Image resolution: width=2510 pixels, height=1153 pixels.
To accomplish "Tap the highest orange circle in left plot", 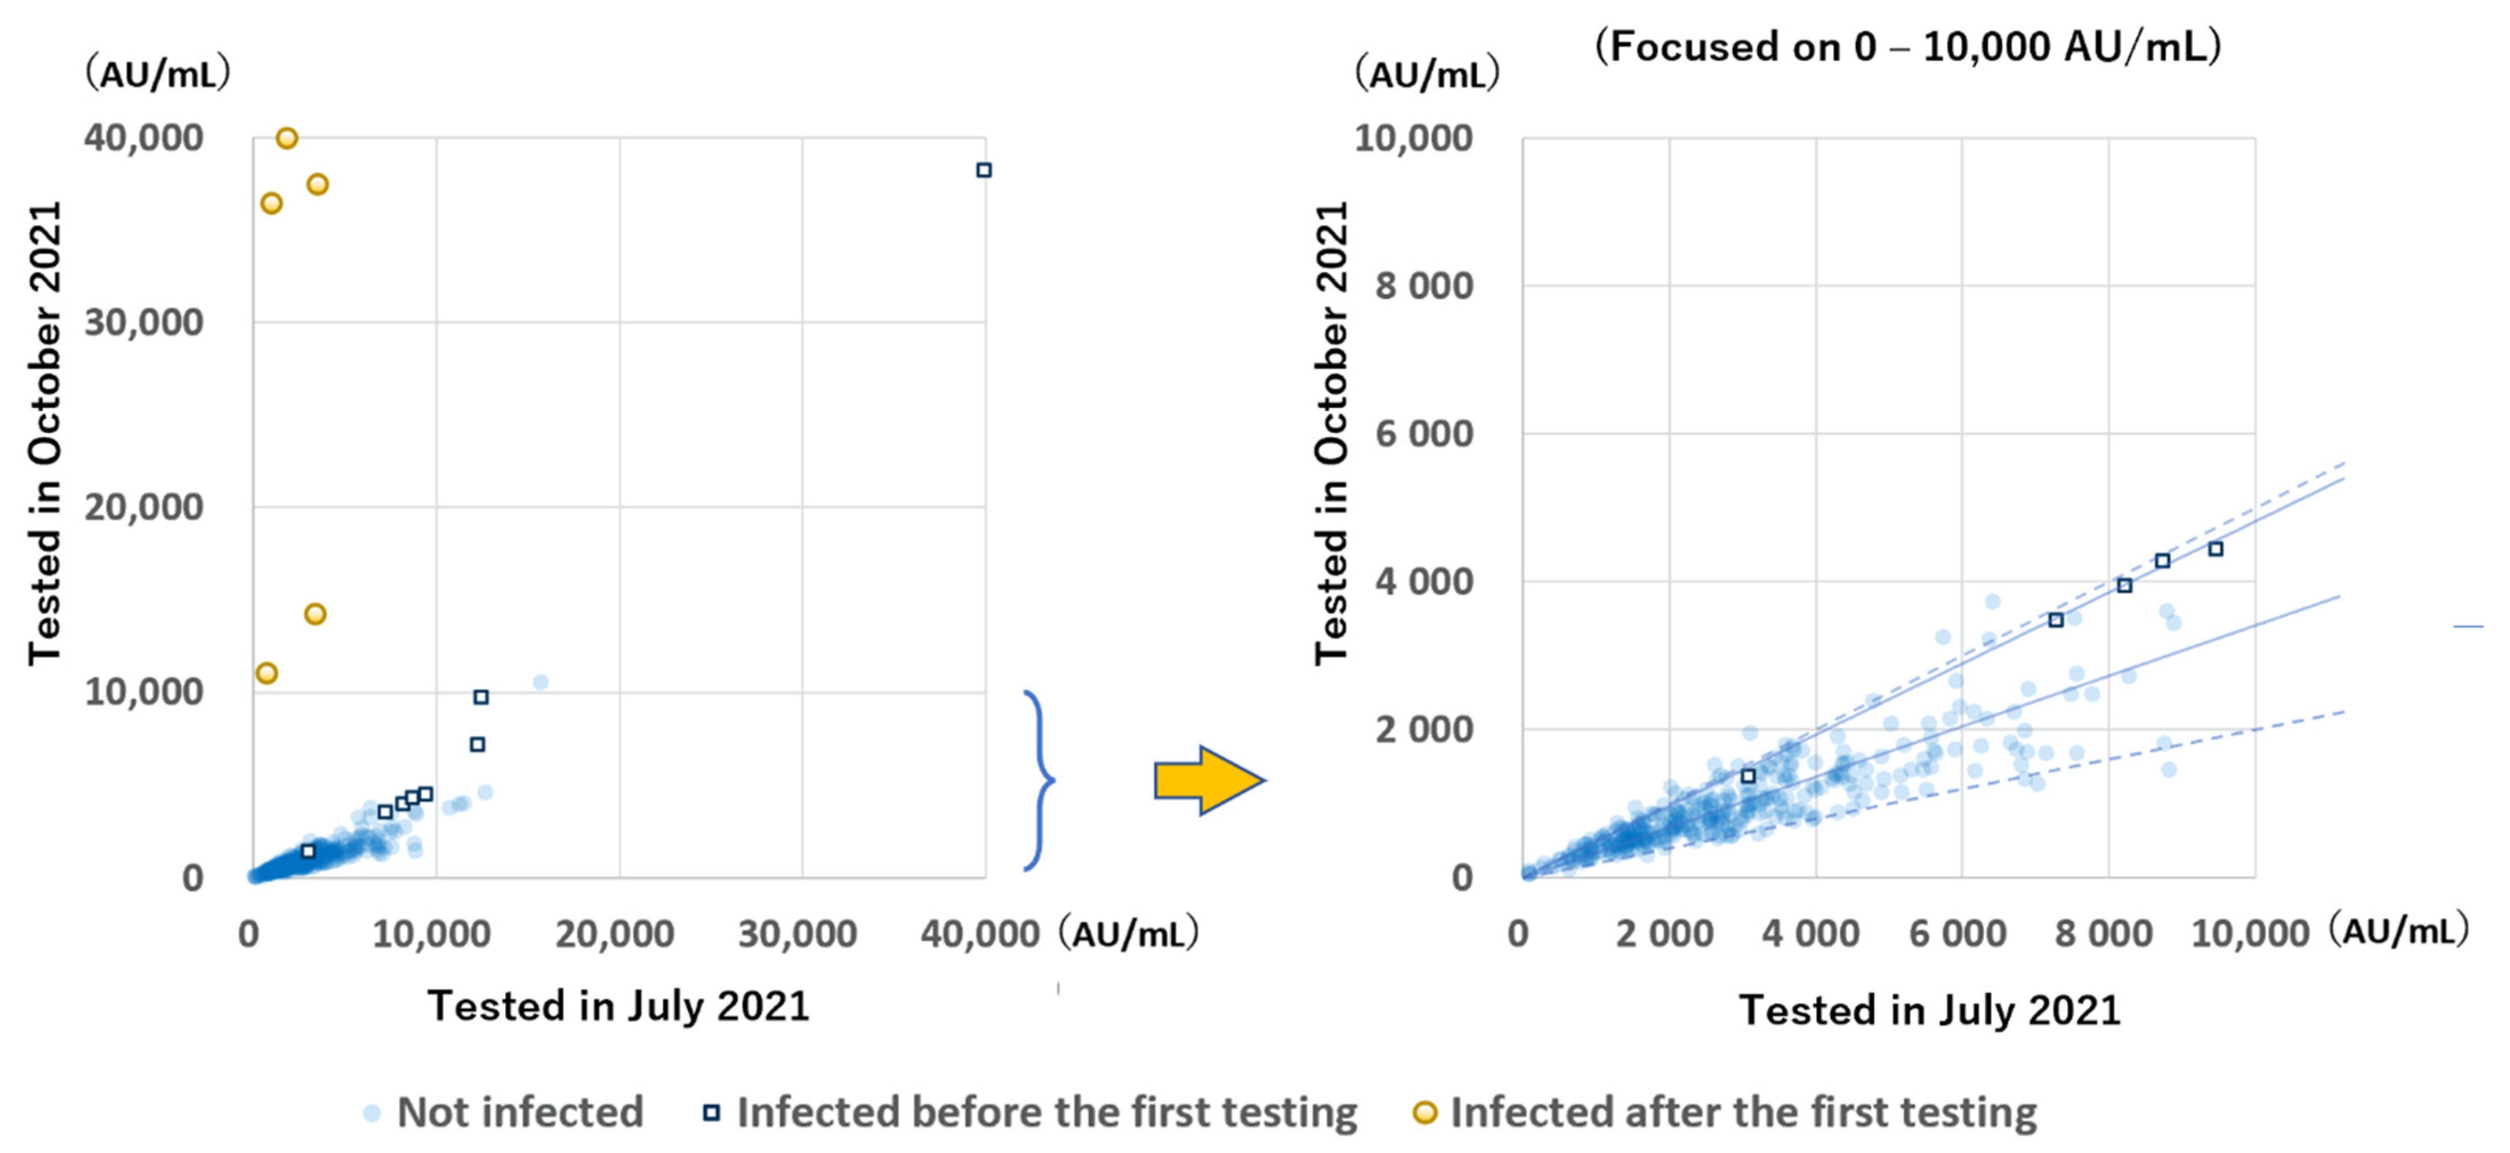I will tap(286, 138).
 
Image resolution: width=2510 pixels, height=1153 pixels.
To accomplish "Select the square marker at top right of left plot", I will tap(984, 171).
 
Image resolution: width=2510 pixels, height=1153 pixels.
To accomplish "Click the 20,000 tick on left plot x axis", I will tap(614, 934).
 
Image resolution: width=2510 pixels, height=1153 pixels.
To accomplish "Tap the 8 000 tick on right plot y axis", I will tap(1423, 287).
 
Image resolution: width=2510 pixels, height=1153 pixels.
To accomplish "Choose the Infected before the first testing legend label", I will tap(1046, 1112).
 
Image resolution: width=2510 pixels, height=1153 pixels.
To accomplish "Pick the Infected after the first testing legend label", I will tap(1742, 1112).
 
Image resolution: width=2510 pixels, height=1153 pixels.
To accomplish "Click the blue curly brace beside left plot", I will tap(1040, 780).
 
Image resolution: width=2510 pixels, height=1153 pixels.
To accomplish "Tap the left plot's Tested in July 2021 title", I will tap(619, 1006).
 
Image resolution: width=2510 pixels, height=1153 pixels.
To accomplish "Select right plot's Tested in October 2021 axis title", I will tap(1331, 433).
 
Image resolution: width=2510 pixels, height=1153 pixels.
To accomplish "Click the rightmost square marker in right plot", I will tap(2216, 550).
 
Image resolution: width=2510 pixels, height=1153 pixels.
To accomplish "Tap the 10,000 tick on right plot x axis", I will tap(2250, 934).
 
